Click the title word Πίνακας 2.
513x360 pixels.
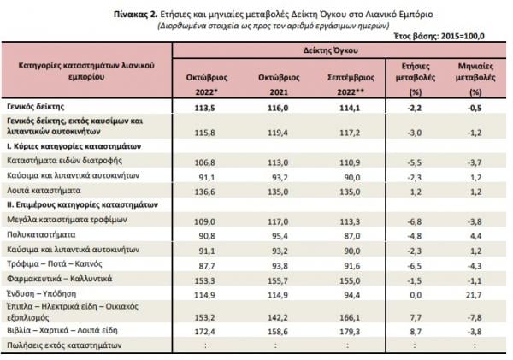(136, 15)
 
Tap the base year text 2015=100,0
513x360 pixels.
(463, 36)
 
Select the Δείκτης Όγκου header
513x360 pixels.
(330, 50)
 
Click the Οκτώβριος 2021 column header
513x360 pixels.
(279, 85)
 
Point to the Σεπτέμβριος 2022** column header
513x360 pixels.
(351, 85)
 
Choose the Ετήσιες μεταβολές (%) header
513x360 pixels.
(416, 79)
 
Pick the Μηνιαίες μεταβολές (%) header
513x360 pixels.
(475, 79)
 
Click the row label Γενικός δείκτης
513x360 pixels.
(36, 107)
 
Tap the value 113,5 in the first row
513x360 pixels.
(205, 108)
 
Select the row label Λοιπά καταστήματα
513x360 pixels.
(44, 191)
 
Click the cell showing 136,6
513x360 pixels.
(205, 192)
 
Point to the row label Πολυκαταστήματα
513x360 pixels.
(41, 234)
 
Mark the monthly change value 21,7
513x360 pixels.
(475, 295)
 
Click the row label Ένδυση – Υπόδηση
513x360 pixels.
(41, 293)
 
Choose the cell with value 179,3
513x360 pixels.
(350, 332)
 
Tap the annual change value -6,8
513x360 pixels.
(414, 221)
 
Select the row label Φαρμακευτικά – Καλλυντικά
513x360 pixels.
(60, 279)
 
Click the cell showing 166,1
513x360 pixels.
(350, 317)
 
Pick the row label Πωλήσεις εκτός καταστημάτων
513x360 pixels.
(64, 345)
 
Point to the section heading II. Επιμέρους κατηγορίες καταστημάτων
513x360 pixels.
(82, 205)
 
